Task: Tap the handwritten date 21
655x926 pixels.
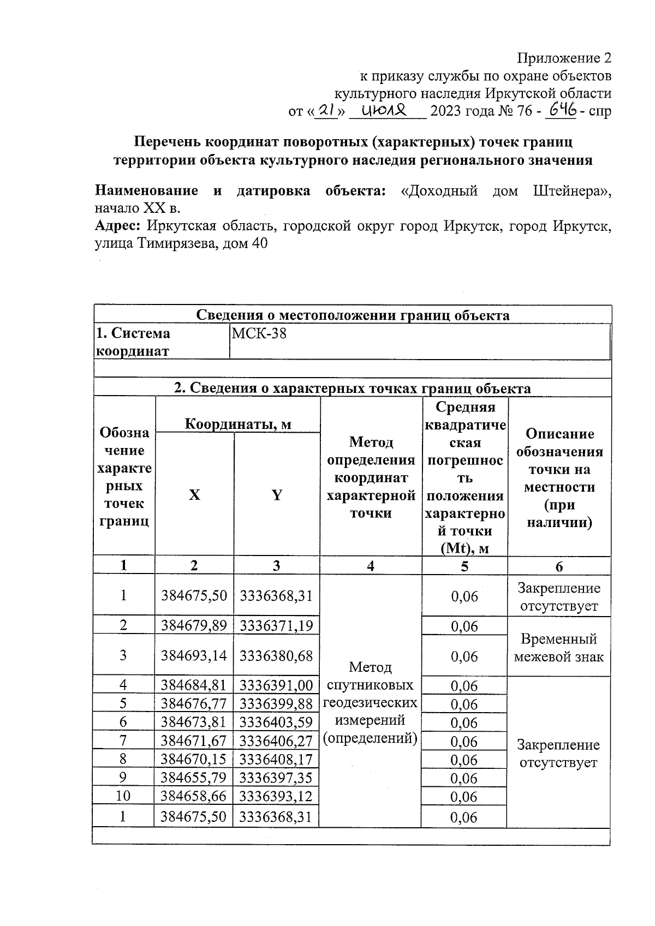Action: tap(327, 111)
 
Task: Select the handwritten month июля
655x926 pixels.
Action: tap(385, 111)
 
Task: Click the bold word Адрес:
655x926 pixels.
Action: tap(118, 226)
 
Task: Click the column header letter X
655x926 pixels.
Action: tap(194, 495)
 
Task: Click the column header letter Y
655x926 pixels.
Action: tap(277, 495)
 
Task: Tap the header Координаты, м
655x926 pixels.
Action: tap(238, 423)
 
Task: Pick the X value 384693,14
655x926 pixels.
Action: tap(194, 655)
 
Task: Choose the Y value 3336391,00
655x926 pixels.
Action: tap(276, 685)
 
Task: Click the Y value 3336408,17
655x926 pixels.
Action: tap(276, 759)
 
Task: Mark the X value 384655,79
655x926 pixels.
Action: tap(194, 778)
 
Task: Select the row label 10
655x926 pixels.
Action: tap(123, 796)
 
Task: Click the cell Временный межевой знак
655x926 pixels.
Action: tap(558, 647)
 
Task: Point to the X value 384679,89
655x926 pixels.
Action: tap(194, 625)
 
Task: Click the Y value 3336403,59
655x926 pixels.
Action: tap(276, 722)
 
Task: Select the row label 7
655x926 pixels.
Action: tap(123, 740)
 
